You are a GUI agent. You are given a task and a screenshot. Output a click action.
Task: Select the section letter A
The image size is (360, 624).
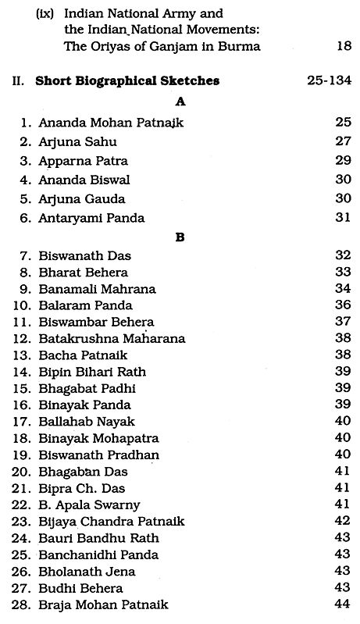pos(180,101)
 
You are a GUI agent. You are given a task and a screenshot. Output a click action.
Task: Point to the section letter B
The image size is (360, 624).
pos(180,235)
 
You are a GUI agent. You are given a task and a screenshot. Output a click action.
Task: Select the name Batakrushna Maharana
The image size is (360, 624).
pos(112,338)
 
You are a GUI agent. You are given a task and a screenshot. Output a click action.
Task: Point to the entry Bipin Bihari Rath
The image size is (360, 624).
pos(92,372)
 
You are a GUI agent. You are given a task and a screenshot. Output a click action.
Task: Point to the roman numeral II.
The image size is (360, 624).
pos(22,80)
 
